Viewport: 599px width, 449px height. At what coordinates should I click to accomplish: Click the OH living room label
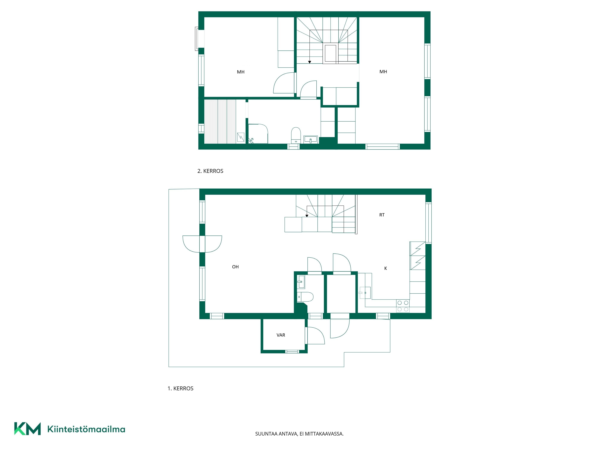click(x=235, y=267)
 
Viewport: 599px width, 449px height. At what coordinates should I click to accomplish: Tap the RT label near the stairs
click(x=382, y=215)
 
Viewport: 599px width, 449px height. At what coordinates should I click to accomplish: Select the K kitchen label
click(x=386, y=268)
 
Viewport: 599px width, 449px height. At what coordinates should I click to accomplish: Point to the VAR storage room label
click(x=281, y=335)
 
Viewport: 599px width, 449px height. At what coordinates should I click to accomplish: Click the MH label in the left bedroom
click(x=241, y=72)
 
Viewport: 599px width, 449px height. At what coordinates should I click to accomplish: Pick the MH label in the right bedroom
click(x=383, y=72)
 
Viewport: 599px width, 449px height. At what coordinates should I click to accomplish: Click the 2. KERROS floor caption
click(x=210, y=171)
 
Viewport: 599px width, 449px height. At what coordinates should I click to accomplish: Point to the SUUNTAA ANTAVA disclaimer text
click(x=299, y=434)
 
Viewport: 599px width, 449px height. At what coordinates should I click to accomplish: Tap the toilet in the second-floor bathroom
click(x=296, y=135)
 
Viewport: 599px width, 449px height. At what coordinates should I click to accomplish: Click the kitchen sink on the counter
click(x=365, y=293)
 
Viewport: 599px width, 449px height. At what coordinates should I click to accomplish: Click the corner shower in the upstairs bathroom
click(x=258, y=134)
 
